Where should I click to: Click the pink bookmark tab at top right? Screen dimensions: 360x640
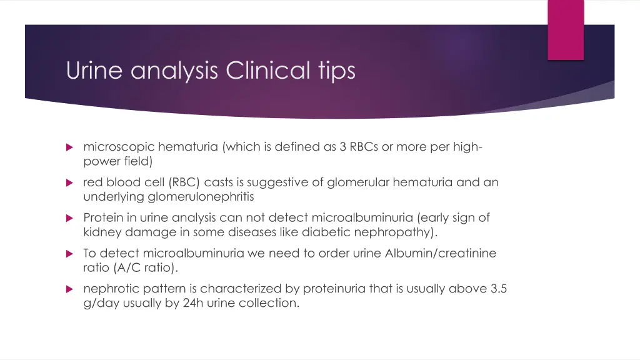click(x=566, y=29)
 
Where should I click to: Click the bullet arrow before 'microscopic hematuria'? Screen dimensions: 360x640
click(x=69, y=147)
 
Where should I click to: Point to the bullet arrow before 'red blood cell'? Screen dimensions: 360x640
click(x=69, y=183)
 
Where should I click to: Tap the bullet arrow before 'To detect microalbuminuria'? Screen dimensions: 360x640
click(x=69, y=254)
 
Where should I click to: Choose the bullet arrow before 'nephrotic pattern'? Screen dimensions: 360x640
click(x=69, y=289)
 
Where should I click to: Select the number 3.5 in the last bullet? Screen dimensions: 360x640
click(x=498, y=289)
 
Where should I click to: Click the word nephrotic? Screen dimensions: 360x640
click(x=109, y=289)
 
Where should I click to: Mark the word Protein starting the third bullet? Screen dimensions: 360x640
click(x=102, y=218)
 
